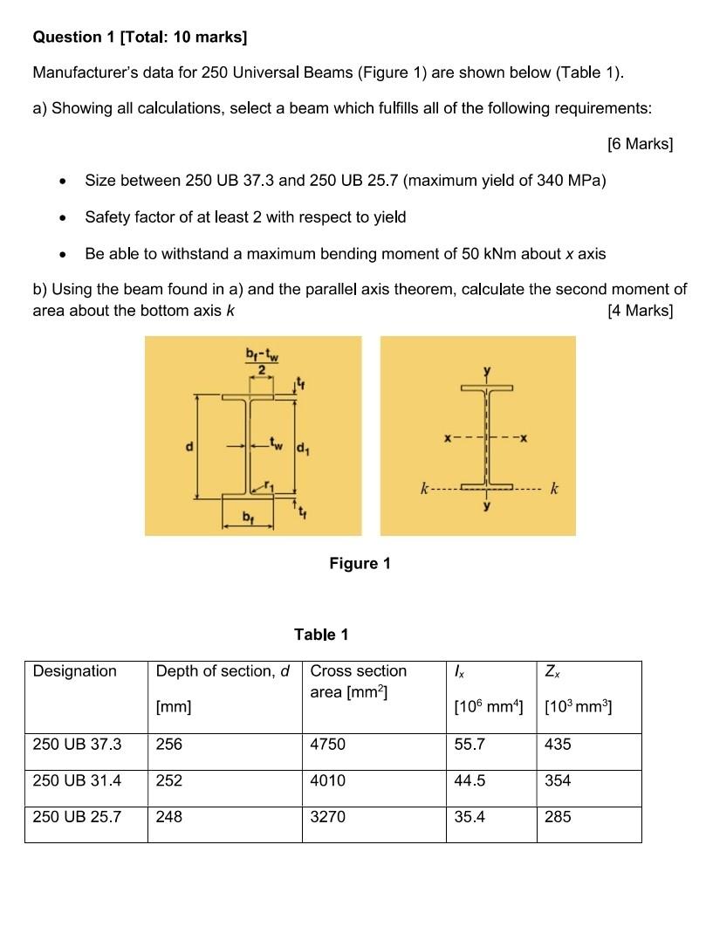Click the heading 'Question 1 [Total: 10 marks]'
(x=140, y=37)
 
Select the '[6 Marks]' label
(x=639, y=144)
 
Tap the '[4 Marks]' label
(x=639, y=311)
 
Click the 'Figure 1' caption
(x=360, y=564)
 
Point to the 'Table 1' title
(x=321, y=635)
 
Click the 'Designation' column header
(x=74, y=671)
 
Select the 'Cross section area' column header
(x=358, y=681)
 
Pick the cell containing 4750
(x=328, y=745)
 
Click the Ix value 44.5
(x=470, y=781)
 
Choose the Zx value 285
(x=558, y=818)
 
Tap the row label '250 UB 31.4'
(x=77, y=781)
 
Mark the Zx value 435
(x=558, y=745)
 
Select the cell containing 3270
(x=328, y=818)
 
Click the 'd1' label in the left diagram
(x=304, y=451)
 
